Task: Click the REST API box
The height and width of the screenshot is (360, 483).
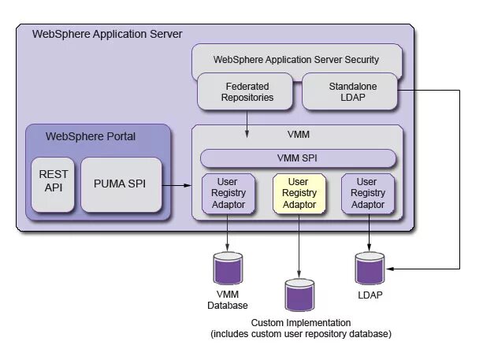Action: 53,185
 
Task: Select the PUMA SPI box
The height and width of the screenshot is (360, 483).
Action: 121,185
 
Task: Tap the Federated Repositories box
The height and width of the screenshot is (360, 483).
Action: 245,91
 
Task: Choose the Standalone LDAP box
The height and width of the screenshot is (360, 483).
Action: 350,91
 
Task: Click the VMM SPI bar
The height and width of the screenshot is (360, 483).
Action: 298,158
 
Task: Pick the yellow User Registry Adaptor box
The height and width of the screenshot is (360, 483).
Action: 299,194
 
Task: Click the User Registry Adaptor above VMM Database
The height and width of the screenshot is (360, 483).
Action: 228,194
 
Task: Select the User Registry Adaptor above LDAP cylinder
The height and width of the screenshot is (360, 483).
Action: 368,194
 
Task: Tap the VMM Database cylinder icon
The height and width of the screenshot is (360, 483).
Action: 228,269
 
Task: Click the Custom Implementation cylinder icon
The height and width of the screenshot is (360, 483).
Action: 299,295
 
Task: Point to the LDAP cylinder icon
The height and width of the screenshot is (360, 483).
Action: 370,269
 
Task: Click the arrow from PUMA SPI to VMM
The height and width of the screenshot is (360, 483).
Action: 176,185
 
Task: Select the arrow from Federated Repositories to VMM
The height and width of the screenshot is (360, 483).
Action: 247,124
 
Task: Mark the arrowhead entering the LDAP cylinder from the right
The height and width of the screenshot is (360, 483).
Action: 390,269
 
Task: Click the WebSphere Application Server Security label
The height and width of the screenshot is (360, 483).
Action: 296,59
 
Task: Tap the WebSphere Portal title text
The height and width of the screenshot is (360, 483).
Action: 91,136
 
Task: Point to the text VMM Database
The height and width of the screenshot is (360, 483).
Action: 228,299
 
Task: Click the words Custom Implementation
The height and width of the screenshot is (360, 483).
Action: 301,323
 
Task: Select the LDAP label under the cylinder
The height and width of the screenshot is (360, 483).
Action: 370,295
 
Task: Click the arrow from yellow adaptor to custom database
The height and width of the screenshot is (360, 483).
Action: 299,246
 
